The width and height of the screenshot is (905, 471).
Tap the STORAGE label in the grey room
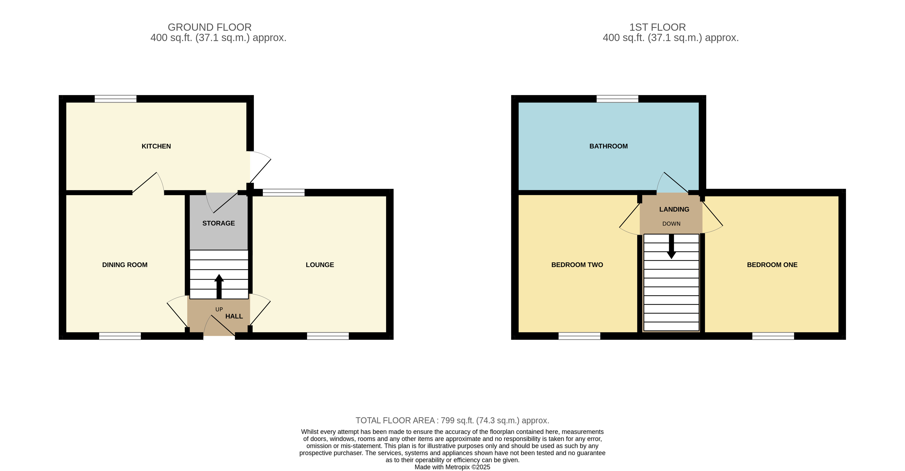219,223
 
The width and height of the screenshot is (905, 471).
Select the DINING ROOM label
125,265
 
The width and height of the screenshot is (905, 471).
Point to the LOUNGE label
320,265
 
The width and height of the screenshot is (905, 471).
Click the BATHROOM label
608,146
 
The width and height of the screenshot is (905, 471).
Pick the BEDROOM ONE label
772,265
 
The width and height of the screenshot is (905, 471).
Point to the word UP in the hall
219,309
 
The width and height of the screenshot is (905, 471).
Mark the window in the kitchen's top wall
115,99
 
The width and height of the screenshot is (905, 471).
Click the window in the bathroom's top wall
617,99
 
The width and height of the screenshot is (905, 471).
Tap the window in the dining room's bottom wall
120,336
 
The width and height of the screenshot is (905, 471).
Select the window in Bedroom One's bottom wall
773,336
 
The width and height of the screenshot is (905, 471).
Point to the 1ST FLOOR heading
657,27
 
